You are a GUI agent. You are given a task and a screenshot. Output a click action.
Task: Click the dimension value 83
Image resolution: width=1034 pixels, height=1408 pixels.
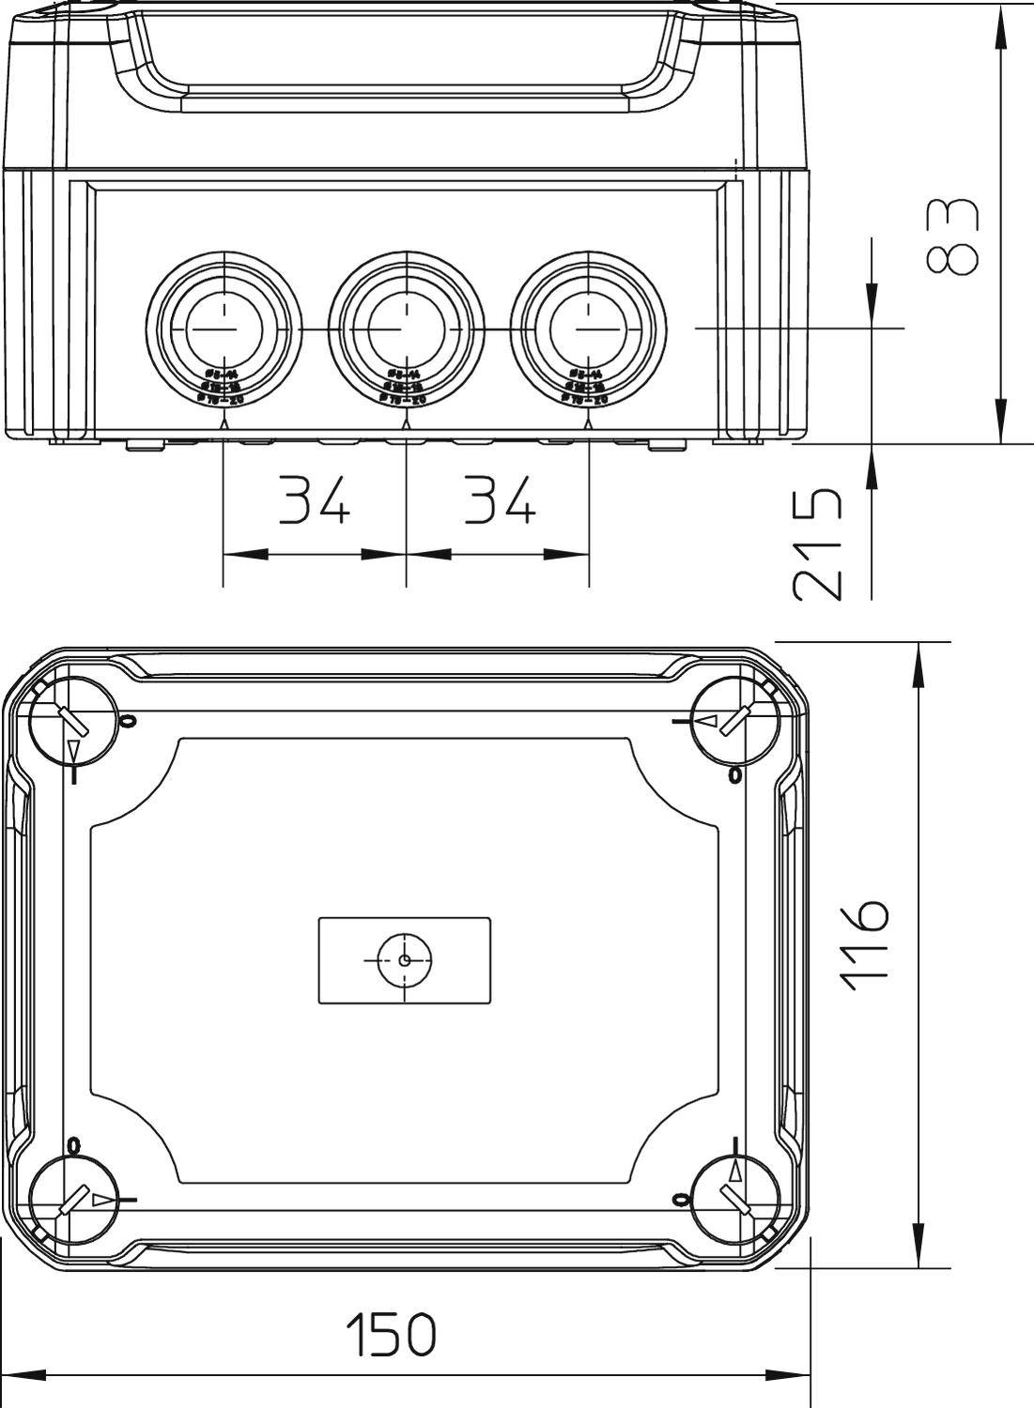[951, 237]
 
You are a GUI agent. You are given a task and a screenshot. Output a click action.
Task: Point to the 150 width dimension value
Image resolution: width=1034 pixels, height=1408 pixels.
[391, 1334]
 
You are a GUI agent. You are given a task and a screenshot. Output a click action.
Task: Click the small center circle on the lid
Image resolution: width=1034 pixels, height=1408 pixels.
[404, 959]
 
